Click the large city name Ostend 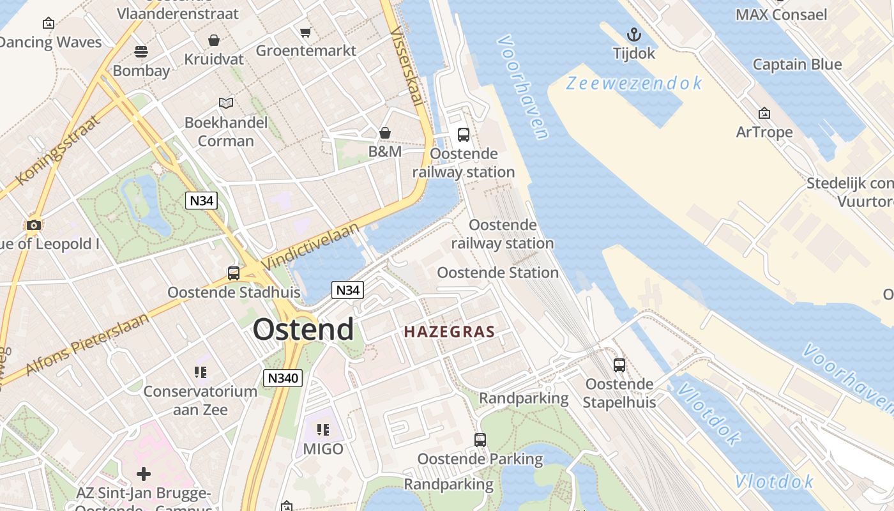click(303, 330)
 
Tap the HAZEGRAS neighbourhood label click(450, 332)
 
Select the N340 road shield click(282, 378)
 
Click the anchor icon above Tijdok click(634, 34)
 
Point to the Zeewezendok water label click(634, 83)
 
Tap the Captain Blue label click(797, 65)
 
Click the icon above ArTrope click(764, 114)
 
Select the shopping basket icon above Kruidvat click(214, 40)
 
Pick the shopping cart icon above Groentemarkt click(305, 32)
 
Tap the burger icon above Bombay click(141, 51)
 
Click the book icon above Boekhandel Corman click(226, 102)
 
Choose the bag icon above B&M click(385, 133)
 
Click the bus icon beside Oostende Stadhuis click(234, 273)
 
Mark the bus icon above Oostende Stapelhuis click(619, 365)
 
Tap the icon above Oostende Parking click(480, 439)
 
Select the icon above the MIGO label click(322, 430)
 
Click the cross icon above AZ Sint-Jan click(144, 474)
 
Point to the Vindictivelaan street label click(310, 246)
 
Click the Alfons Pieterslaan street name click(87, 344)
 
